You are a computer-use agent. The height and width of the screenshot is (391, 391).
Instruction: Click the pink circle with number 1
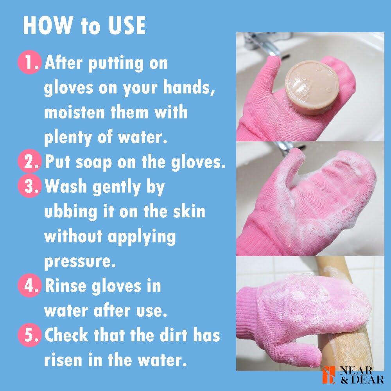pyautogui.click(x=29, y=62)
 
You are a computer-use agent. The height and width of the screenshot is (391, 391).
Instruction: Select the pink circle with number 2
pyautogui.click(x=29, y=161)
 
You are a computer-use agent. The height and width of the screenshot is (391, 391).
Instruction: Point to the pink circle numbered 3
pyautogui.click(x=29, y=186)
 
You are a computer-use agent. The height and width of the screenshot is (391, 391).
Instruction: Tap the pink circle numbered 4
pyautogui.click(x=29, y=285)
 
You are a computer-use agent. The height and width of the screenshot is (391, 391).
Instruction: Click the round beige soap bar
pyautogui.click(x=311, y=87)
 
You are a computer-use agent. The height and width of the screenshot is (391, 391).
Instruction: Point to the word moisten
pyautogui.click(x=74, y=112)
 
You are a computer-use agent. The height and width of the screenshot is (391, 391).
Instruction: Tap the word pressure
pyautogui.click(x=80, y=262)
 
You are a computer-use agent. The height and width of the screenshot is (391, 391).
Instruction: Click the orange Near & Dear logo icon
pyautogui.click(x=329, y=375)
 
